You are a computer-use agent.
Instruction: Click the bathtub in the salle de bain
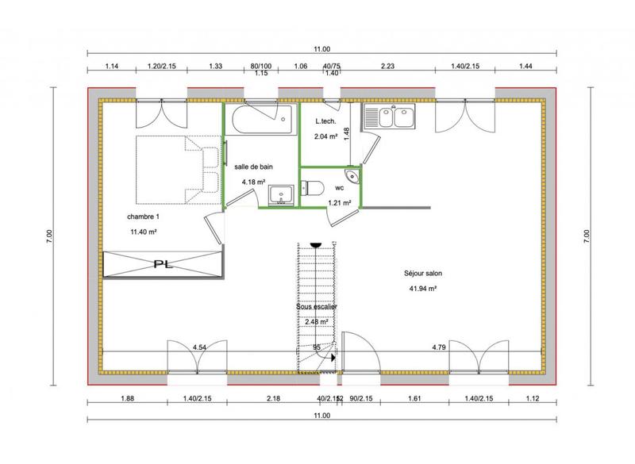tap(261, 121)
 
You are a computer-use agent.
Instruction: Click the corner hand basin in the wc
tap(350, 176)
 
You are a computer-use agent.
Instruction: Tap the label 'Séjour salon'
tap(421, 274)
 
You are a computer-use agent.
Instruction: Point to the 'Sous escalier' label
tap(317, 305)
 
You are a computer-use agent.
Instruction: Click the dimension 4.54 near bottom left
tap(200, 347)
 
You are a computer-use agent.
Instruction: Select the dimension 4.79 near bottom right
tap(439, 347)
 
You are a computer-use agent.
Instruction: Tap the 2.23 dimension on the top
tap(389, 66)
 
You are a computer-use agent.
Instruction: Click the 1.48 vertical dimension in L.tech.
tap(347, 133)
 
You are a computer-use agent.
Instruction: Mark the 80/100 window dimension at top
tap(260, 66)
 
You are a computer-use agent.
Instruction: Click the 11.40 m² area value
tap(144, 232)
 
